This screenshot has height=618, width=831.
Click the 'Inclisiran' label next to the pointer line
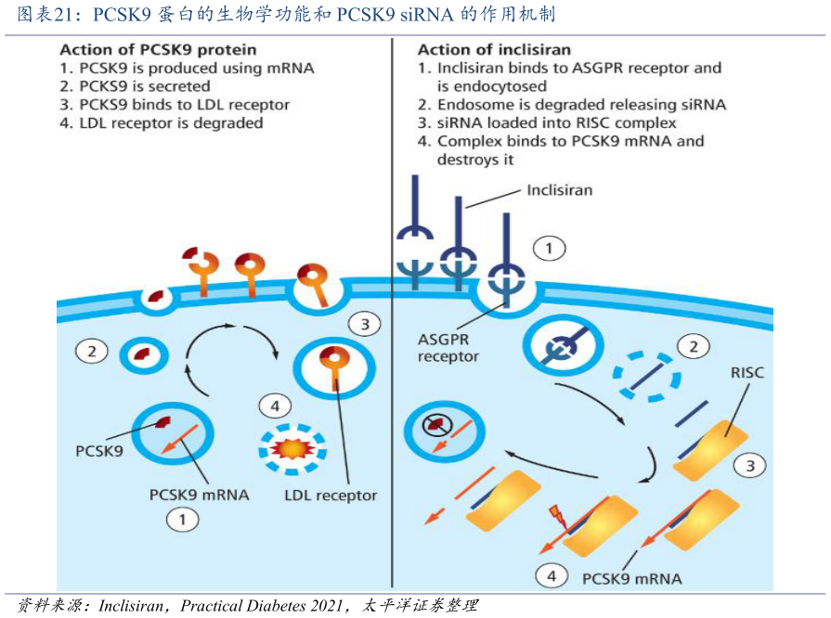[559, 190]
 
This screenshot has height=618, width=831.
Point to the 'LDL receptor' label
[331, 495]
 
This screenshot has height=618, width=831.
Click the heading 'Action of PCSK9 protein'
[159, 49]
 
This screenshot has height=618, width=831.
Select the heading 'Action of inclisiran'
[494, 49]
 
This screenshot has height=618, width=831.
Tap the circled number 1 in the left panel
[182, 520]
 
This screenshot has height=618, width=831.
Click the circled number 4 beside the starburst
[275, 406]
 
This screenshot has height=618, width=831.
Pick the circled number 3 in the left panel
[365, 324]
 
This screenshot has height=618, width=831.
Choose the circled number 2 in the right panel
[692, 347]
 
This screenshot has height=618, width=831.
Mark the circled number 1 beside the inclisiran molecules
[549, 249]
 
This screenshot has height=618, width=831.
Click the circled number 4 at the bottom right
[552, 576]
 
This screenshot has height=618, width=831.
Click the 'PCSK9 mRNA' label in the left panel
[199, 495]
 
